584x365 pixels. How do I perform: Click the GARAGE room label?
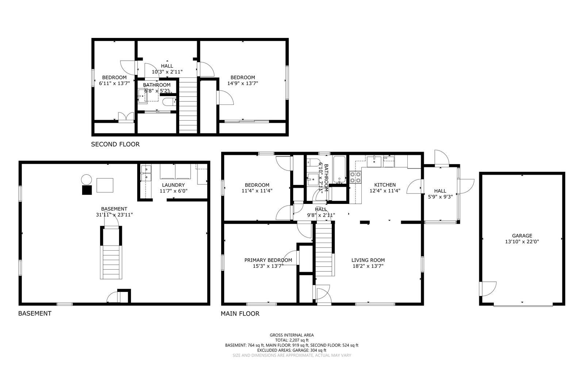[x=522, y=236]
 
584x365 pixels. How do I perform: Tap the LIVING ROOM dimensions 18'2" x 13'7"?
[x=368, y=266]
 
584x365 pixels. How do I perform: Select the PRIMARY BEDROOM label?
[x=268, y=260]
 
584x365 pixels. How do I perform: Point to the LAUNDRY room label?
[x=173, y=185]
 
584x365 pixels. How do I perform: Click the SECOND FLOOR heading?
[x=115, y=144]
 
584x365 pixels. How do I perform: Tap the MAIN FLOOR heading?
[x=240, y=313]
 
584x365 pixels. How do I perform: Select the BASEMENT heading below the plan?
[x=35, y=313]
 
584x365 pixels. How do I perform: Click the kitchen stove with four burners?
[x=356, y=177]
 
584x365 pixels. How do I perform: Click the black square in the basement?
[x=87, y=190]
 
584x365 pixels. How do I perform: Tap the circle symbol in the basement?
[x=87, y=180]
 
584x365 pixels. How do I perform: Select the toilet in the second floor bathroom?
[x=169, y=102]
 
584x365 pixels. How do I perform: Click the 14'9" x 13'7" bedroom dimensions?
[x=242, y=83]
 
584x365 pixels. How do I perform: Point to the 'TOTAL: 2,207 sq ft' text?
[x=291, y=340]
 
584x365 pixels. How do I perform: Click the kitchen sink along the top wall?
[x=374, y=161]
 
